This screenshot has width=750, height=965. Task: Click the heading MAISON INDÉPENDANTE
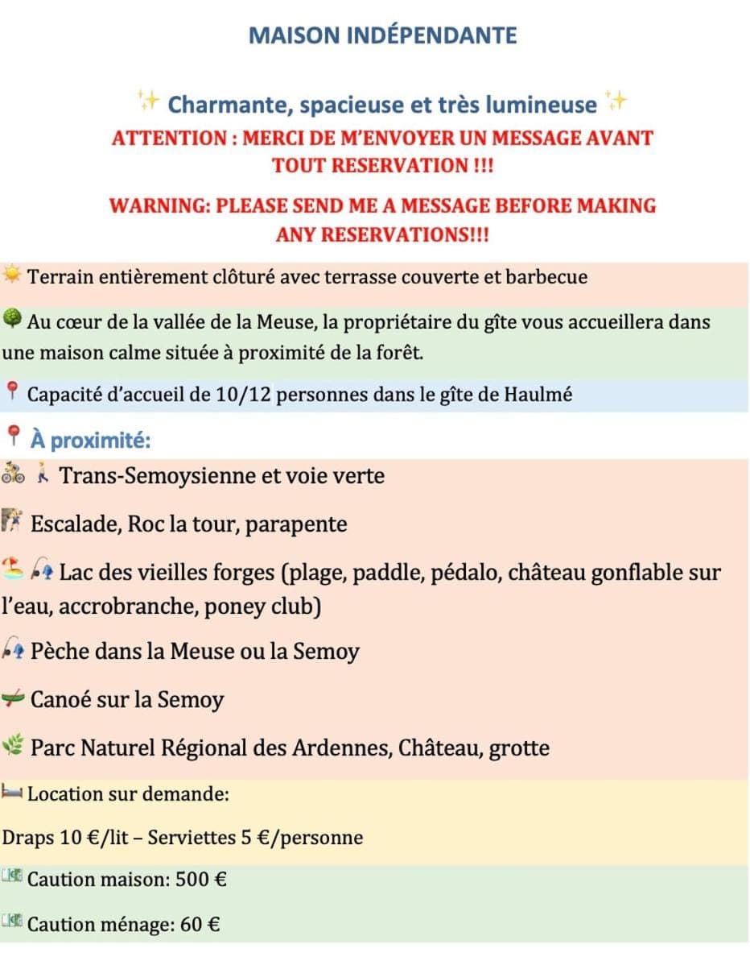point(382,35)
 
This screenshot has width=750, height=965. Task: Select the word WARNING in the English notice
point(159,205)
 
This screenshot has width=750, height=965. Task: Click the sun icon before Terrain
point(12,276)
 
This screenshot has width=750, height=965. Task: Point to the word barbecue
point(546,277)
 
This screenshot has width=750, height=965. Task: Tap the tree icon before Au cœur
point(12,320)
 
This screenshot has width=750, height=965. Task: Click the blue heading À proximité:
point(91,440)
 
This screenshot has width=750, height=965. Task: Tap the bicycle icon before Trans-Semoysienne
point(13,474)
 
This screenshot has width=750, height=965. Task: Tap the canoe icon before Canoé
point(13,698)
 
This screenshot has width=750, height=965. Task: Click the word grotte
point(519,748)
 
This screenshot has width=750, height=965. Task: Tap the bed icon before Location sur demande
point(12,793)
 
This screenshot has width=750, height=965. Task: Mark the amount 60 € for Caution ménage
point(200,925)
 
